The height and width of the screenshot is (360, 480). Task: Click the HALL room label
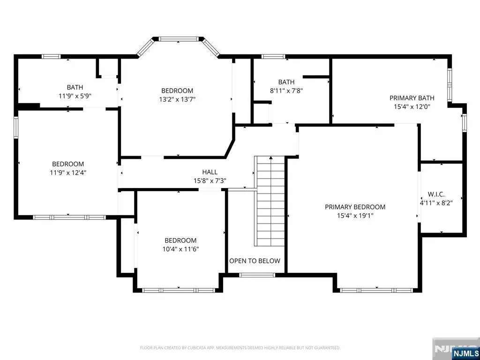click(210, 172)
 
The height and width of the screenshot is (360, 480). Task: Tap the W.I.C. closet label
click(436, 194)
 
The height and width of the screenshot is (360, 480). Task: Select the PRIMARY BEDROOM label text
click(355, 207)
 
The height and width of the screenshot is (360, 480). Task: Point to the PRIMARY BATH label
click(412, 98)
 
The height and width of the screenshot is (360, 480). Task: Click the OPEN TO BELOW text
click(255, 261)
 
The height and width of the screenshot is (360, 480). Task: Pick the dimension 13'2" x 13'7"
click(177, 99)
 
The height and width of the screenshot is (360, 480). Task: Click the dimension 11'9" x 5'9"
click(75, 96)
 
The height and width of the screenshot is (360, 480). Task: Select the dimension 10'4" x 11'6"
click(180, 249)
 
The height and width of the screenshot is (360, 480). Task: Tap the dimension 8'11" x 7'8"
click(286, 90)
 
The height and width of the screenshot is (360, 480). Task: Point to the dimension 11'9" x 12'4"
click(68, 172)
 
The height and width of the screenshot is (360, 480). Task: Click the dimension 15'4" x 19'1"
click(355, 216)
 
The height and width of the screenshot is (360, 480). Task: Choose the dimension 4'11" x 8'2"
click(436, 202)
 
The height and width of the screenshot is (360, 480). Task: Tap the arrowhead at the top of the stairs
click(271, 158)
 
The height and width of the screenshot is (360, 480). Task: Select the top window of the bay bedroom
click(178, 39)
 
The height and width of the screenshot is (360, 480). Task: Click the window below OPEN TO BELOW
click(257, 275)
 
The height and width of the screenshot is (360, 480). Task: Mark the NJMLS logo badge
click(466, 352)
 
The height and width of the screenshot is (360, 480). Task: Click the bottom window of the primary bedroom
click(376, 290)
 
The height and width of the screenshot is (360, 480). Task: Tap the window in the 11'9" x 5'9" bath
click(51, 56)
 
